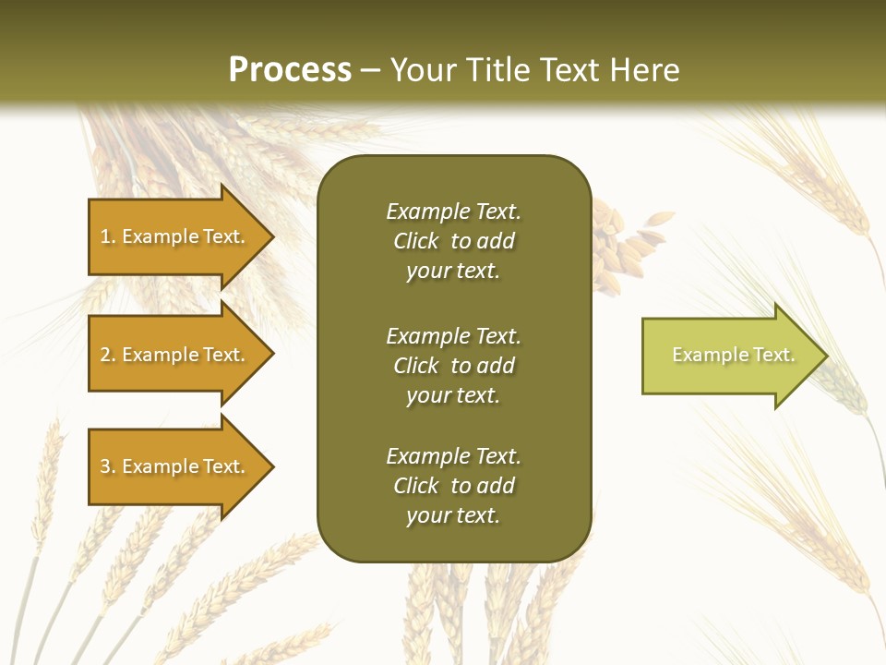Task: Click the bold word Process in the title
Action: (x=290, y=70)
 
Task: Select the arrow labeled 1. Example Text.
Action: (x=175, y=236)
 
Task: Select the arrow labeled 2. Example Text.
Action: (x=175, y=355)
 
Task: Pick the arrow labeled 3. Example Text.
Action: (x=175, y=466)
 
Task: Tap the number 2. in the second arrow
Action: (x=108, y=355)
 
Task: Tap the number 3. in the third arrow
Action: (x=108, y=466)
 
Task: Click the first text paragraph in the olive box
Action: (x=453, y=241)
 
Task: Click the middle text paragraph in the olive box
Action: (x=453, y=366)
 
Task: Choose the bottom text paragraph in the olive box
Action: (x=453, y=486)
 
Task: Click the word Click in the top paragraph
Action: (x=415, y=241)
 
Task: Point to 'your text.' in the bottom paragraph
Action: (x=453, y=515)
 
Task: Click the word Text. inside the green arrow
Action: (x=773, y=355)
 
